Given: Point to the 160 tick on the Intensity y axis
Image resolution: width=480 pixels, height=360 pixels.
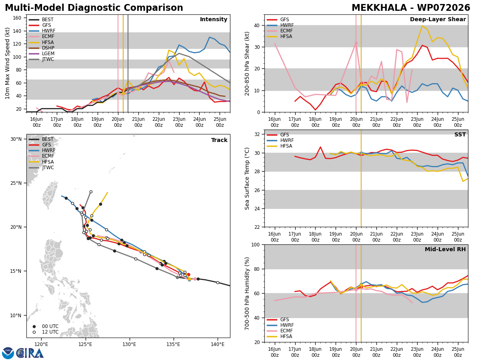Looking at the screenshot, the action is click(17, 18).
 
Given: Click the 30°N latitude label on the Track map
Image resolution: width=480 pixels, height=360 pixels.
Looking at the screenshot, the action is click(16, 139).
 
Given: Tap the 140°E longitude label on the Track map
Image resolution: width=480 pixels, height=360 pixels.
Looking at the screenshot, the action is click(218, 344).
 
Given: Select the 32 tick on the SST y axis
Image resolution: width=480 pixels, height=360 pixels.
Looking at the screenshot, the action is click(257, 134).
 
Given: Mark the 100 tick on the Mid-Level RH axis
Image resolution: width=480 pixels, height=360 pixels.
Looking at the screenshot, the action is click(256, 244).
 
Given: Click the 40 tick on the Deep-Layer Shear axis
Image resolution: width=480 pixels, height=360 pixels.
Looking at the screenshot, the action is click(257, 25).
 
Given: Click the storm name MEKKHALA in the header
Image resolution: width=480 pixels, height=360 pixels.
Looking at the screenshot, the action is click(379, 8).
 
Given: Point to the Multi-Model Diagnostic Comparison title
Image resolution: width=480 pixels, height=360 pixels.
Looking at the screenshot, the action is click(94, 8).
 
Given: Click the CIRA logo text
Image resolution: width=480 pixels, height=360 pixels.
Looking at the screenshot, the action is click(30, 353).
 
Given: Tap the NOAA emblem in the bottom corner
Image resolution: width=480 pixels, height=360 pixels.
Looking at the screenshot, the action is click(8, 353).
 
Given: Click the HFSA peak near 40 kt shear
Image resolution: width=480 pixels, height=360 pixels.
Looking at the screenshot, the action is click(422, 26).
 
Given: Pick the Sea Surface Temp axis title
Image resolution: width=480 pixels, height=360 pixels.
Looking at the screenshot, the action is click(247, 178).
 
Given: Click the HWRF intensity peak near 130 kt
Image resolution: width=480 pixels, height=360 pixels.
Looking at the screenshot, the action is click(210, 37).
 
